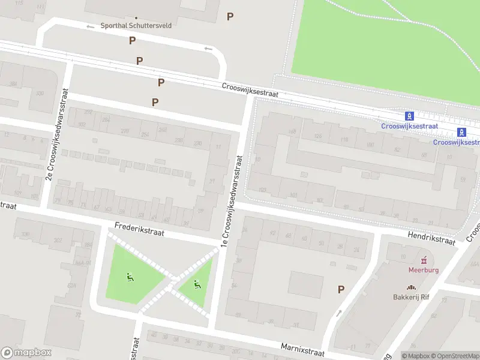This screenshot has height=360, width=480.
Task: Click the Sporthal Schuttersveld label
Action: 136,26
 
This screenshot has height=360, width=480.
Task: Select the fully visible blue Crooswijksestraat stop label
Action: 407,125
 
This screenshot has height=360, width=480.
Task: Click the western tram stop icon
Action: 409,116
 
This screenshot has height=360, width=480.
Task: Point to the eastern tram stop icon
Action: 461,132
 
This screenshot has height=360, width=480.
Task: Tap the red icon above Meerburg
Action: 425,260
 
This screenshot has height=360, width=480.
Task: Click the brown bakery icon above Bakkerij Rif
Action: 412,287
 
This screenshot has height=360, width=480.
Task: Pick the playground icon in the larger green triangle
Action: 129,277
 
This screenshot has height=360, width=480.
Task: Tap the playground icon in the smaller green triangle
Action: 197,284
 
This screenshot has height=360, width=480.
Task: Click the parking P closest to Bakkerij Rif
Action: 341,289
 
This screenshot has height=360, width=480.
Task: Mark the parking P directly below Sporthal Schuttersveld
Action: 132,41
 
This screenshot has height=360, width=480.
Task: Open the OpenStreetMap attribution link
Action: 453,356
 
